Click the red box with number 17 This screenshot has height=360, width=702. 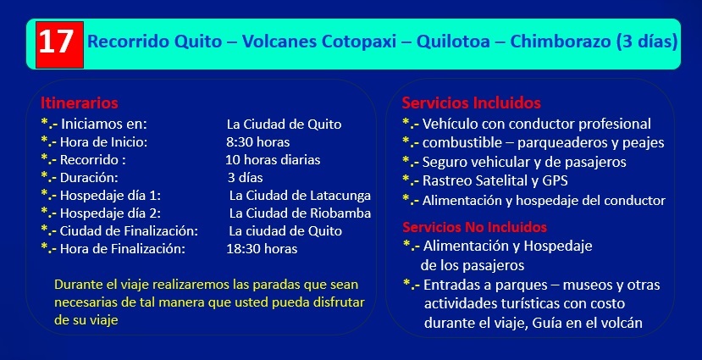click(59, 44)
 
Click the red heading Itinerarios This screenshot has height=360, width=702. click(80, 103)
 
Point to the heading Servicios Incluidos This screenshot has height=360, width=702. click(471, 103)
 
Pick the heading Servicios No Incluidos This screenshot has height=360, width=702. click(474, 227)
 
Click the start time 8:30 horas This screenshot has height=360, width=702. click(258, 142)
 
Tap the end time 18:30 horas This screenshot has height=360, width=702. click(262, 249)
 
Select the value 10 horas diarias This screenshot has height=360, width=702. click(273, 160)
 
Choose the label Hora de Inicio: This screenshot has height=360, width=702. click(103, 142)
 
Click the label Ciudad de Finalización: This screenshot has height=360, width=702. click(129, 231)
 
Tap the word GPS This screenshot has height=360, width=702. click(555, 180)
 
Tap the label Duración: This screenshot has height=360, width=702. click(89, 178)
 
